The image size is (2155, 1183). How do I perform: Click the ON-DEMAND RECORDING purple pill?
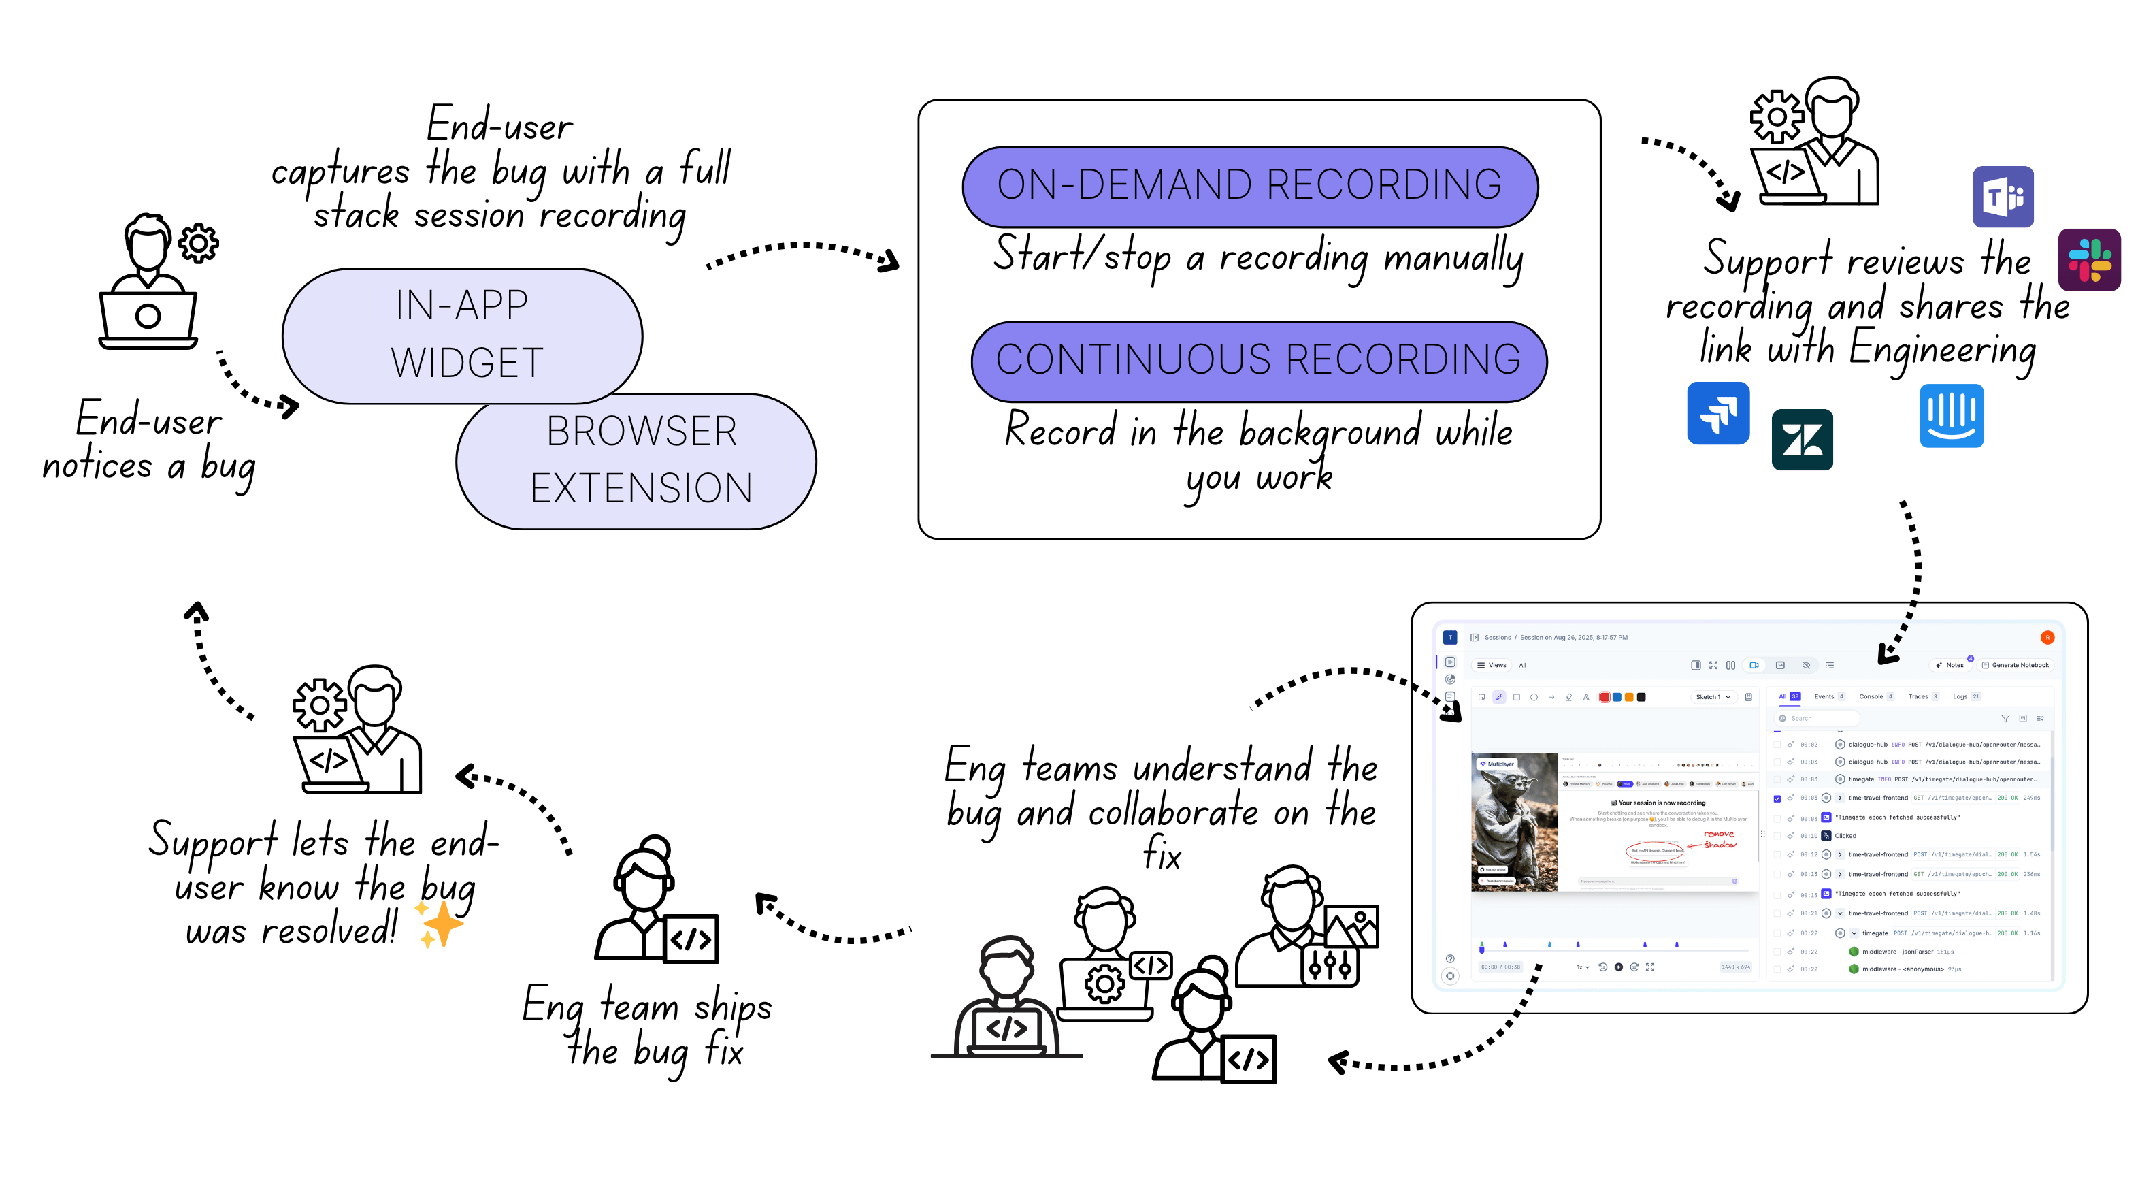[x=1249, y=186]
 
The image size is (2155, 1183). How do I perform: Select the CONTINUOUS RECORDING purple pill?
[x=1258, y=361]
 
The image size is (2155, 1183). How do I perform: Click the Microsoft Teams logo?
[x=2002, y=197]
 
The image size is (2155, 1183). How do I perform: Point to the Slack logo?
[x=2088, y=259]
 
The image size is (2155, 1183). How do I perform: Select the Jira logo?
[x=1717, y=412]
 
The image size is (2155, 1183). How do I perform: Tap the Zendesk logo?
[x=1801, y=439]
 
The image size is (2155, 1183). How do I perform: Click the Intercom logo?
[x=1950, y=415]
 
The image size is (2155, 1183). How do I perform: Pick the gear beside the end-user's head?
[x=198, y=244]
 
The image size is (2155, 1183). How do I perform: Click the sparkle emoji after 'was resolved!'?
[x=441, y=924]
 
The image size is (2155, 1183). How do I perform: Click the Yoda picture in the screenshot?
[x=1513, y=822]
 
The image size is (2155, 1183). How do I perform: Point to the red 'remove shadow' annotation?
[x=1718, y=839]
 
